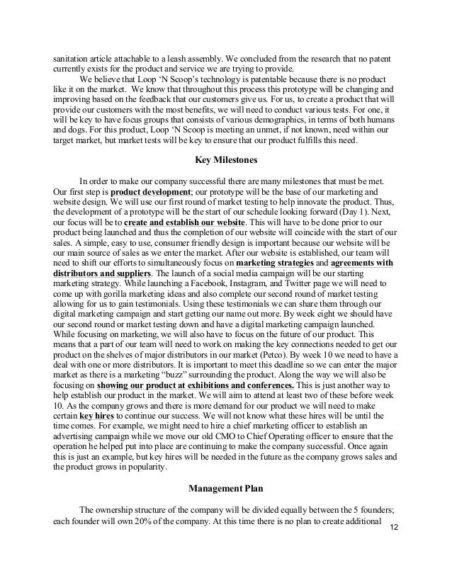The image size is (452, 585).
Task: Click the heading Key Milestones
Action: (225, 159)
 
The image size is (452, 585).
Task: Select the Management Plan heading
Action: (225, 488)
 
